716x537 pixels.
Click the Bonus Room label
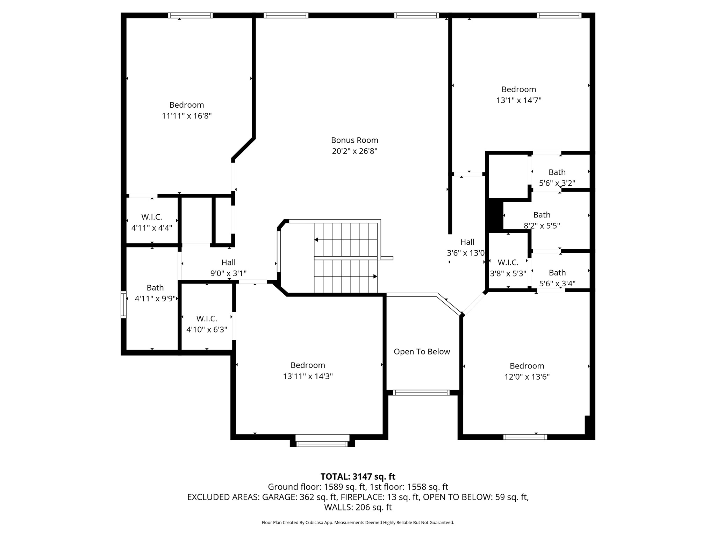(x=355, y=140)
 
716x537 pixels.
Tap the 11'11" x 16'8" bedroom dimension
(x=187, y=116)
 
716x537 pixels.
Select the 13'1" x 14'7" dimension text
(x=518, y=100)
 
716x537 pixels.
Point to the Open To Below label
(x=422, y=352)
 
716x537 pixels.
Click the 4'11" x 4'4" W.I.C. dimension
(x=151, y=228)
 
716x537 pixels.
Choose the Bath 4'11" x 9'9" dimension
(x=155, y=299)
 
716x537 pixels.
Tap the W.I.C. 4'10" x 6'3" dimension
(x=207, y=329)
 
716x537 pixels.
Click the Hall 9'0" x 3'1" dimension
(x=228, y=273)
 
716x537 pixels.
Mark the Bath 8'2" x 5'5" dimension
(x=542, y=226)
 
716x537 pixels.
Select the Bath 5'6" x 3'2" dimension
(x=557, y=183)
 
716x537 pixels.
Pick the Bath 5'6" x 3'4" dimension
(x=557, y=284)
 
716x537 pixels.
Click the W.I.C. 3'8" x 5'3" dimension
(x=508, y=273)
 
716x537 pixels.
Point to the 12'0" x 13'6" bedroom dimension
(x=527, y=377)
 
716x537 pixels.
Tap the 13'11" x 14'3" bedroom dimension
(x=308, y=376)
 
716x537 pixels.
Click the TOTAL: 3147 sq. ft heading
(x=358, y=477)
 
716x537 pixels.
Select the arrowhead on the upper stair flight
(x=316, y=240)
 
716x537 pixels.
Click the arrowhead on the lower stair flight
(x=375, y=276)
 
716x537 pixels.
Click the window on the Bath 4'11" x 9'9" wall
(x=123, y=305)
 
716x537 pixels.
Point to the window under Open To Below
(x=421, y=393)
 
